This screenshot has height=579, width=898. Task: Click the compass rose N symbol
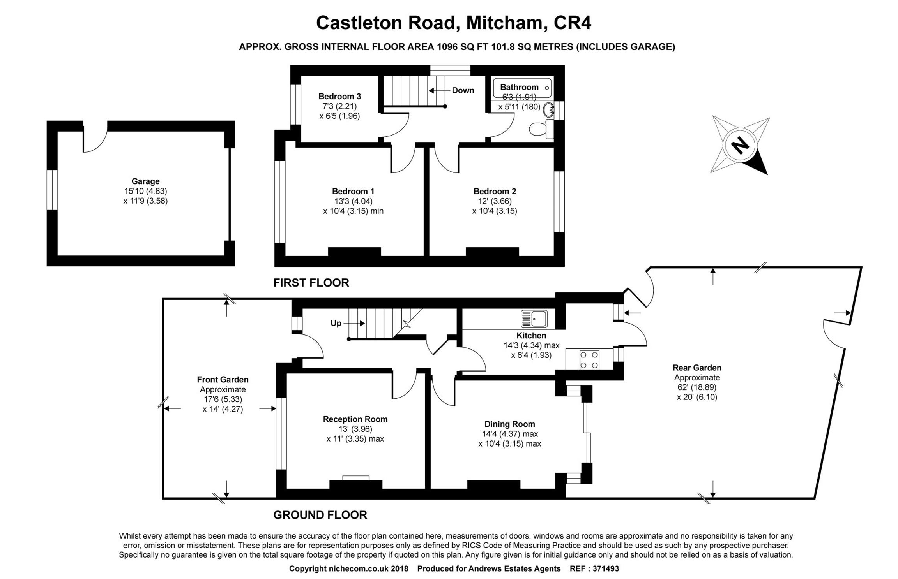point(740,146)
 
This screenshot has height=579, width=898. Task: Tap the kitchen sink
point(534,319)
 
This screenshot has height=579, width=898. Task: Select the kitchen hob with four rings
point(589,359)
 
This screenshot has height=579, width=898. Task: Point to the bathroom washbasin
point(549,110)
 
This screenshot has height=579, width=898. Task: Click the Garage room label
point(145,181)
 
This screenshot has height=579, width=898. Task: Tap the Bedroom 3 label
point(339,96)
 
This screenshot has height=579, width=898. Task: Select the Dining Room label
point(509,424)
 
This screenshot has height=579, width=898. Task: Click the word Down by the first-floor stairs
point(463,90)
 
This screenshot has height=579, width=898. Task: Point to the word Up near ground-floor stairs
point(336,323)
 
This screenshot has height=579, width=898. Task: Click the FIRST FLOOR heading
point(311,283)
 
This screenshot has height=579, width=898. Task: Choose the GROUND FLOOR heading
point(320,515)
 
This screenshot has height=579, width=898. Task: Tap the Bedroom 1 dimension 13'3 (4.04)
point(353,201)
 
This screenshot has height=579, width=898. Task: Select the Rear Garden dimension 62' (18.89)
point(697,387)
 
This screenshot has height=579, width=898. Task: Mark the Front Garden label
point(223,379)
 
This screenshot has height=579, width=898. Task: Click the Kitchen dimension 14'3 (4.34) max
point(531,345)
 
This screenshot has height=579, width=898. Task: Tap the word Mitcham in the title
point(504,23)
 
